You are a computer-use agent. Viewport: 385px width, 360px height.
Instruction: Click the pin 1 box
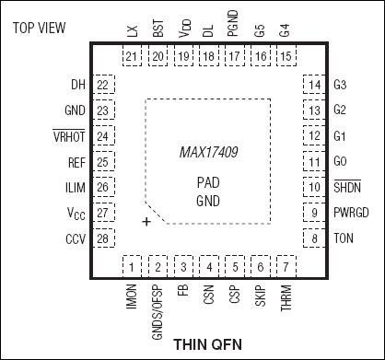[134, 267]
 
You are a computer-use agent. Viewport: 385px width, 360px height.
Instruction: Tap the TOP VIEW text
[40, 29]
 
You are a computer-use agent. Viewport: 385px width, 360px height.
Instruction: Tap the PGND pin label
[234, 31]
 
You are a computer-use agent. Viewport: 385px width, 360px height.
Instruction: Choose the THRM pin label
[287, 299]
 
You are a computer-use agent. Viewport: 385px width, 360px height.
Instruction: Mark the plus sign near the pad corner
[146, 223]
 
